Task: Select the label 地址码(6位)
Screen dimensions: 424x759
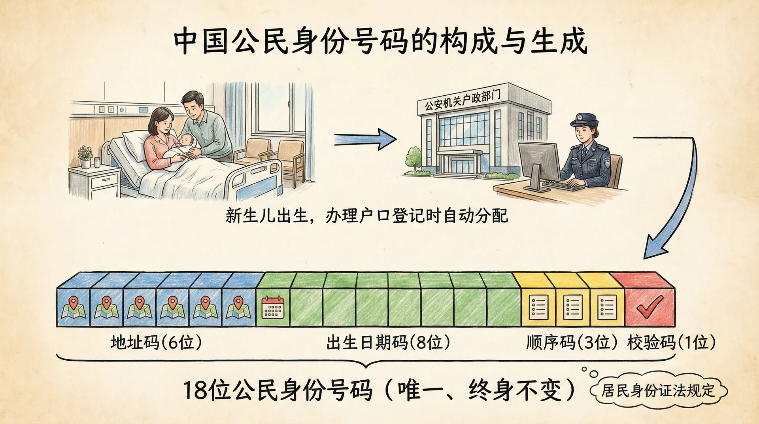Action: click(156, 343)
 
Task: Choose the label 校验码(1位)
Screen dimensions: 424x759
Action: click(671, 343)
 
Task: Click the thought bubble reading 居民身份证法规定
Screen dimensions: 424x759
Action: click(658, 391)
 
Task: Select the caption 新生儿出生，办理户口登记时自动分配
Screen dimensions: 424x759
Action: click(366, 216)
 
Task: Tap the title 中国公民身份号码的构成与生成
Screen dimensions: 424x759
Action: click(380, 41)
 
